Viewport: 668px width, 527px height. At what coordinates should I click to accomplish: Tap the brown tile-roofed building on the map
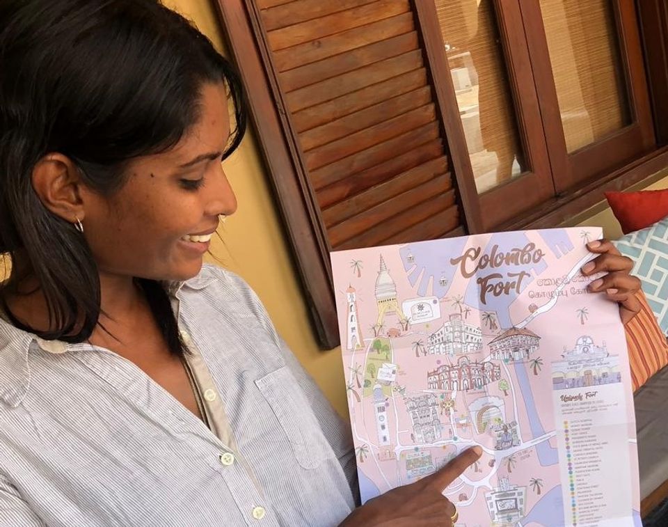coord(514,342)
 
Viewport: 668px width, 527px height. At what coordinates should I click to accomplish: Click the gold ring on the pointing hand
coord(454,515)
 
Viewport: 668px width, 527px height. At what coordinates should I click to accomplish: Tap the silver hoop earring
coord(79,224)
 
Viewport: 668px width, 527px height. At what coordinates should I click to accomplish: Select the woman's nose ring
coord(221,219)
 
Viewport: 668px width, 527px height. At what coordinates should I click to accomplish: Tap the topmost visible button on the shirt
coord(210,395)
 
